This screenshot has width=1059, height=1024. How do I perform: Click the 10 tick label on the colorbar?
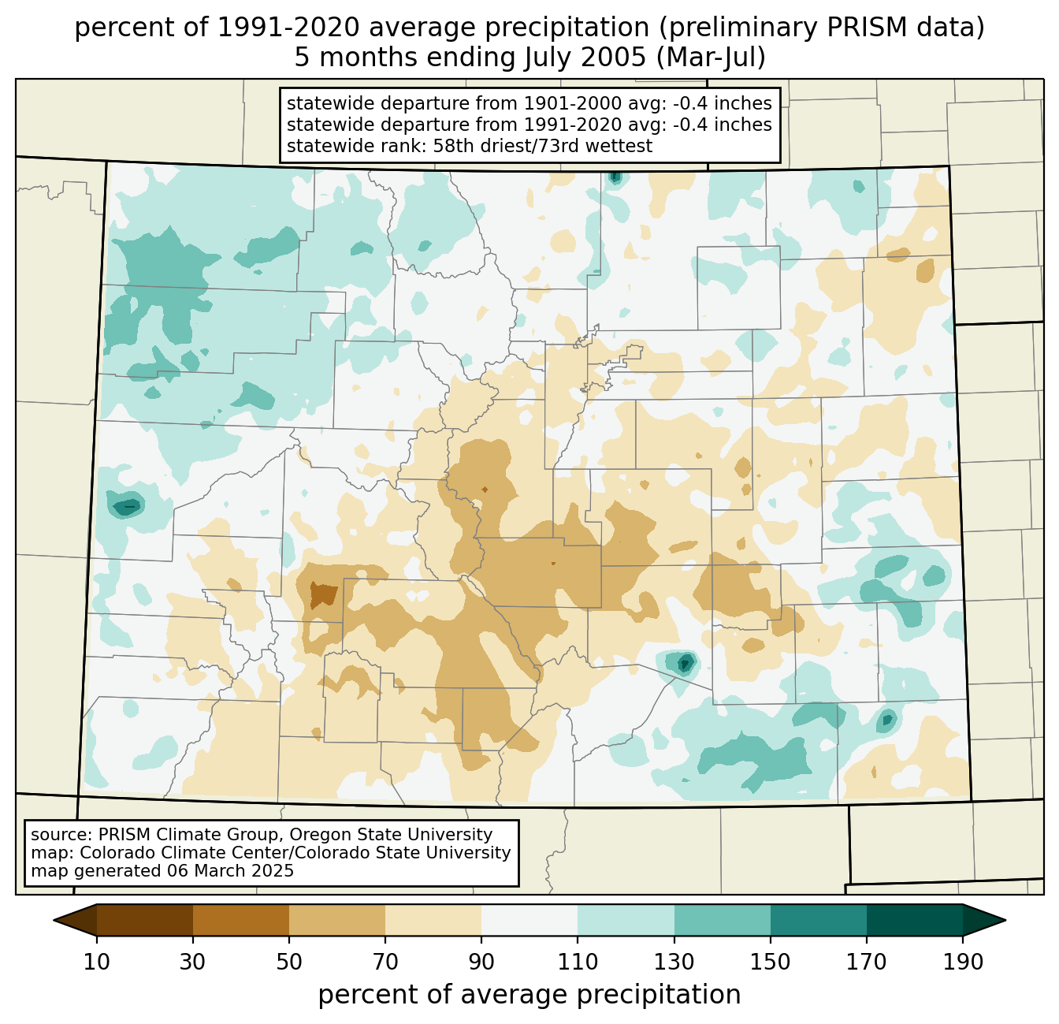(97, 963)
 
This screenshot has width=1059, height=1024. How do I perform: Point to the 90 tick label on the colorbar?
(481, 963)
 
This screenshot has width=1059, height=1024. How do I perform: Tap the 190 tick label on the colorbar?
(963, 963)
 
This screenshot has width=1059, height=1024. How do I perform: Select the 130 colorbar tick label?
(674, 963)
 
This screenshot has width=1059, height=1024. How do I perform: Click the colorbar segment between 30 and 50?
(241, 920)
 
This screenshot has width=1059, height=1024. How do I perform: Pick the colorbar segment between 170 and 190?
(915, 920)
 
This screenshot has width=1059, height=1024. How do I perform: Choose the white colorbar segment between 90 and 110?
(529, 920)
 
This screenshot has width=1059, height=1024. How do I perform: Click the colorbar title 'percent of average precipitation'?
(529, 995)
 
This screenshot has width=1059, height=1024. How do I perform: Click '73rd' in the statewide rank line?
(567, 146)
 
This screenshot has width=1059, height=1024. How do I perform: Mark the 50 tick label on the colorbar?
(289, 963)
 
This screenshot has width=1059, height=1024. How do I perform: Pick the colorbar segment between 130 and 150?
(723, 920)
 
